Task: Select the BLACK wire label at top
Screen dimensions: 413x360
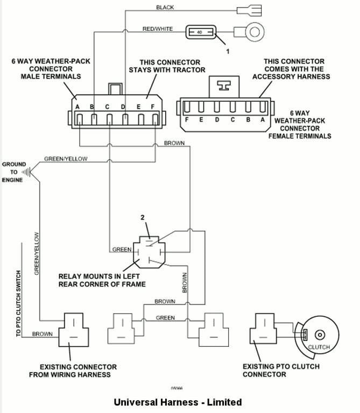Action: coord(165,8)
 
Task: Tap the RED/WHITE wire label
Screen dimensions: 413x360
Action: coord(158,29)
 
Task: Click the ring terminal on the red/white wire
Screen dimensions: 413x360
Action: coord(255,33)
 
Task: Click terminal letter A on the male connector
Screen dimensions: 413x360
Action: coord(77,107)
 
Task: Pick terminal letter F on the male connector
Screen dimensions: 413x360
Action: coord(153,107)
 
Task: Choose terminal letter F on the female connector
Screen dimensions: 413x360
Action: coord(186,120)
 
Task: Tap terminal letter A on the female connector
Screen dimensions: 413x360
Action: coord(263,120)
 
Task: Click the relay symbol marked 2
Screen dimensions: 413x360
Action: coord(147,251)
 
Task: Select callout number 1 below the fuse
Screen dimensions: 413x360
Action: coord(228,52)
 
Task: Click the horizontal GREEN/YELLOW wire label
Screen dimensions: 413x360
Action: coord(66,159)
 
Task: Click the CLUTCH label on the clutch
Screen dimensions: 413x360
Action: coord(319,347)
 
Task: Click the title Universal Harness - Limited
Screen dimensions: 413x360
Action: coord(178,402)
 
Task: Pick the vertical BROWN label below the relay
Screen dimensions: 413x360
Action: coord(185,282)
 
